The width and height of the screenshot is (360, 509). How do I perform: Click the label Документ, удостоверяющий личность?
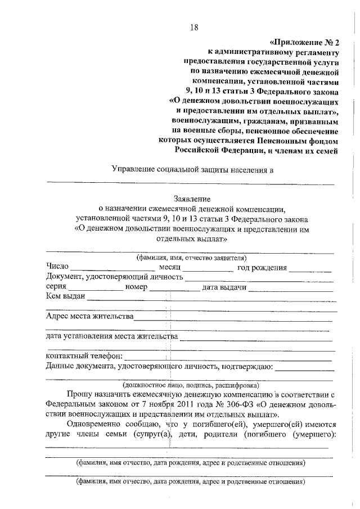coord(115,277)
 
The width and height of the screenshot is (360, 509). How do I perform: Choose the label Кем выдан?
coord(65,297)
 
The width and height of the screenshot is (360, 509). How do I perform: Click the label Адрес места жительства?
coord(90,317)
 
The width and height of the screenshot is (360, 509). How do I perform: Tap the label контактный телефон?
coord(83,357)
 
